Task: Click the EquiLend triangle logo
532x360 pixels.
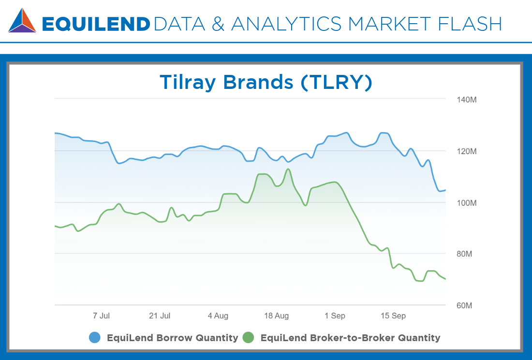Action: click(x=22, y=20)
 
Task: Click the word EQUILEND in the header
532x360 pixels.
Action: click(x=96, y=24)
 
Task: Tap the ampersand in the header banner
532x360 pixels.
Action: click(x=218, y=24)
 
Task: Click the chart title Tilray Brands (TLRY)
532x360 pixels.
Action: click(x=266, y=82)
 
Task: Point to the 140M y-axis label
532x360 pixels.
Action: click(x=467, y=100)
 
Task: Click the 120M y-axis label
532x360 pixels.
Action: click(x=467, y=151)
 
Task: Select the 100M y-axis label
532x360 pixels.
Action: click(x=467, y=203)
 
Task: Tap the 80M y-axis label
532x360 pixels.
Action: click(x=464, y=254)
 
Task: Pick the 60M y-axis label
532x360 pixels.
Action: click(x=464, y=305)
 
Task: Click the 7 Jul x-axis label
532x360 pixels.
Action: click(x=101, y=316)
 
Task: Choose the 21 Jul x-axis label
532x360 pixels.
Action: click(x=160, y=316)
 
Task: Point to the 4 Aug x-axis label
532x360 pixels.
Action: click(x=218, y=316)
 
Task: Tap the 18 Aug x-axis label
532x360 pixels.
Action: click(x=276, y=316)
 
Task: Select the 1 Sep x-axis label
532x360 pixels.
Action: click(x=335, y=316)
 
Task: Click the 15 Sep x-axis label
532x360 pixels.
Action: click(x=393, y=316)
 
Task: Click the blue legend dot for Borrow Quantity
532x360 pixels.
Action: click(x=95, y=337)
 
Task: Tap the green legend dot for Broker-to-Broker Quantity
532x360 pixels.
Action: click(x=249, y=337)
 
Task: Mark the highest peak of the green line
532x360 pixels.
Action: click(x=288, y=169)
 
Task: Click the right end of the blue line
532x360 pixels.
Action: click(x=445, y=190)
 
